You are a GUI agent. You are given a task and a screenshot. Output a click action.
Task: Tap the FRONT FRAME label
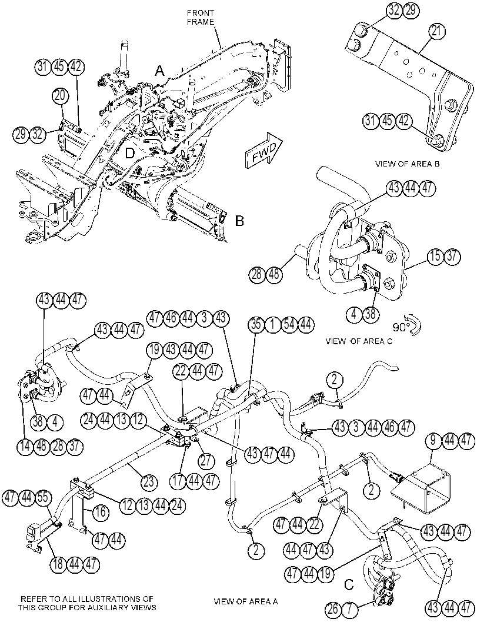[201, 18]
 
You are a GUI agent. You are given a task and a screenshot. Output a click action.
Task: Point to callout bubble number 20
[61, 95]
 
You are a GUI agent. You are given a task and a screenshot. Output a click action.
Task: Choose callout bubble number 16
[101, 512]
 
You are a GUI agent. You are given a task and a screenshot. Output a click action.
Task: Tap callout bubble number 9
[434, 440]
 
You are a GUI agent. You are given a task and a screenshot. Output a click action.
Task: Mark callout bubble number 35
[256, 325]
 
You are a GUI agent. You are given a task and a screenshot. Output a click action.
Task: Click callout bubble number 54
[289, 325]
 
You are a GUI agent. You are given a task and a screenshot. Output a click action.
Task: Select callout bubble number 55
[44, 498]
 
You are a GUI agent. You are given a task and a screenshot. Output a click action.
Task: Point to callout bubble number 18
[58, 564]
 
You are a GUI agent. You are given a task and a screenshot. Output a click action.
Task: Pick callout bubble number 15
[435, 256]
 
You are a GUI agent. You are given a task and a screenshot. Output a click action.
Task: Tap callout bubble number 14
[25, 446]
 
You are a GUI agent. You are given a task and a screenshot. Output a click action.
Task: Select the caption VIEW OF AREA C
[358, 341]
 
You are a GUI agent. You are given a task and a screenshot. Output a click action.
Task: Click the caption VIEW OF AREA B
[407, 164]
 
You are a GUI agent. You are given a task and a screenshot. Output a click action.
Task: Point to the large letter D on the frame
[129, 154]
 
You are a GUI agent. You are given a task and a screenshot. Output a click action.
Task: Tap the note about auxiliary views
[87, 603]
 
